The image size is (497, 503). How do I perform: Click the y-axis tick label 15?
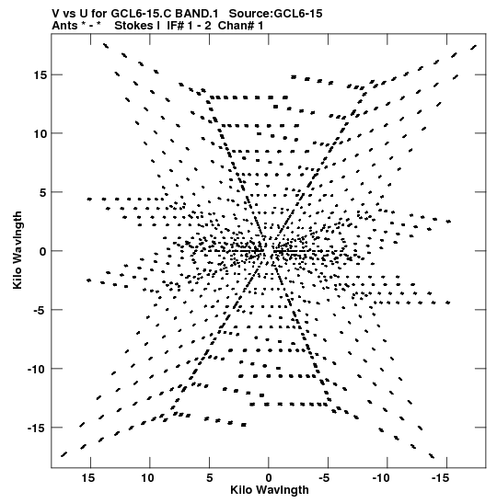pyautogui.click(x=40, y=75)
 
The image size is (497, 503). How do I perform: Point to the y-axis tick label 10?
pyautogui.click(x=40, y=133)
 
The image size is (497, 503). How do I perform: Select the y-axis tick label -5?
pyautogui.click(x=38, y=310)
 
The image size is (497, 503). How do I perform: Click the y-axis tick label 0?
pyautogui.click(x=43, y=252)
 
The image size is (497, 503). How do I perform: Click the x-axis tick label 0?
pyautogui.click(x=269, y=478)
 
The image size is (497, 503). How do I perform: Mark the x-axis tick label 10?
pyautogui.click(x=147, y=478)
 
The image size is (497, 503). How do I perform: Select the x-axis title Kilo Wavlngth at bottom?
pyautogui.click(x=270, y=490)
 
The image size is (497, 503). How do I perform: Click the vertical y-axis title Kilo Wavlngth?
pyautogui.click(x=17, y=250)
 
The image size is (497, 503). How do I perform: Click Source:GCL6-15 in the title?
pyautogui.click(x=275, y=14)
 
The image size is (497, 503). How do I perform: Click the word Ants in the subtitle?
pyautogui.click(x=64, y=26)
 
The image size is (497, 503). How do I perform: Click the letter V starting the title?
pyautogui.click(x=56, y=14)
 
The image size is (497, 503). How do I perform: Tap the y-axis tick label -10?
pyautogui.click(x=38, y=370)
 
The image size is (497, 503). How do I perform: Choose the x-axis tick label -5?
pyautogui.click(x=326, y=478)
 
